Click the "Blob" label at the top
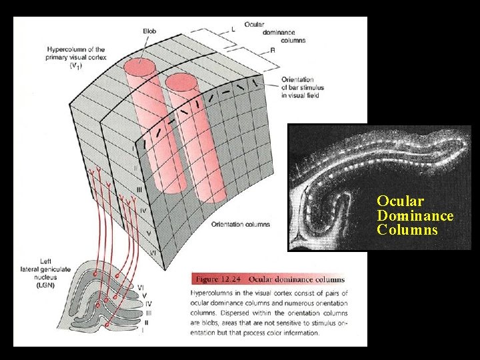(151, 31)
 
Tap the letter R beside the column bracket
(273, 50)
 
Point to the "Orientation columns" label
(240, 225)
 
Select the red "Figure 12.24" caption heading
(217, 279)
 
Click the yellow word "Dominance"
(415, 215)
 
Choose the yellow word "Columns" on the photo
(407, 230)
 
